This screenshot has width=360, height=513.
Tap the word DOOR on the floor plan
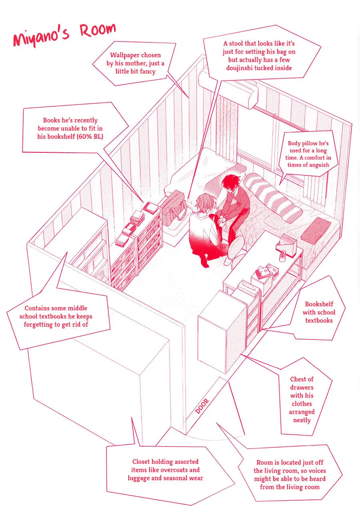202,406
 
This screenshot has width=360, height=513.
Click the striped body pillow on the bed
273,196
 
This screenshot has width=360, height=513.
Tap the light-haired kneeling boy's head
205,203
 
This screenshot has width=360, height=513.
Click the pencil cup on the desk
282,257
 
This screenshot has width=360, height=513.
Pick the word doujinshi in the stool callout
240,68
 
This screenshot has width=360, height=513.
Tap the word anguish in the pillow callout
319,165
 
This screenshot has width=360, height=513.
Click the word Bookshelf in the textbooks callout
319,304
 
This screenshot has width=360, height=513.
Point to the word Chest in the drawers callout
298,379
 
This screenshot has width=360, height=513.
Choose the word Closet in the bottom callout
141,462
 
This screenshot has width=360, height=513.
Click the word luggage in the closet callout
139,479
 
